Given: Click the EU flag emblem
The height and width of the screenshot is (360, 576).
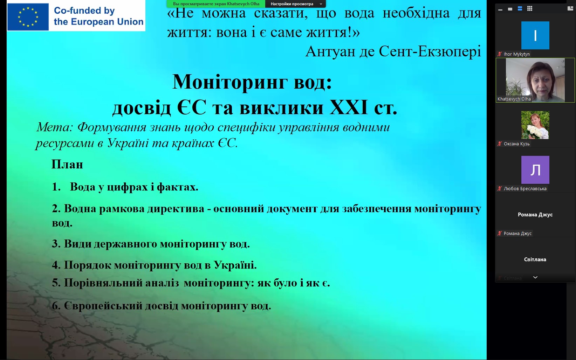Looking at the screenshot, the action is coord(28,17).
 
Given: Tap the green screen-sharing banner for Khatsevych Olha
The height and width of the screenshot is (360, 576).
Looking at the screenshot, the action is coord(216,4).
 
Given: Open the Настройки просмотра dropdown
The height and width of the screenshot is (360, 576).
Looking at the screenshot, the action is coord(296,4).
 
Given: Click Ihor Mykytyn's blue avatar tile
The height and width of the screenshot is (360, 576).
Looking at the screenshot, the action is coord(535,35).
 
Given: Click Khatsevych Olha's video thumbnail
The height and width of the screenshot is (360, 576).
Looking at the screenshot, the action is coord(535,80).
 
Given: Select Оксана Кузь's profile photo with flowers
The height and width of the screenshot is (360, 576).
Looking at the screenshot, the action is coord(535,125).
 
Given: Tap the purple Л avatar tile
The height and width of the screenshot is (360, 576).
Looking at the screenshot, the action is coord(535,169).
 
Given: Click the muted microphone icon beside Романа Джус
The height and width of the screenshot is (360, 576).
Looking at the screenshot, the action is coord(500,233).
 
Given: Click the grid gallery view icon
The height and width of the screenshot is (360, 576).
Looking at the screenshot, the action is coord(529,9).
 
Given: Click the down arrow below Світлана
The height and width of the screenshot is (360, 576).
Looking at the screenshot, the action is coord(535,277).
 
